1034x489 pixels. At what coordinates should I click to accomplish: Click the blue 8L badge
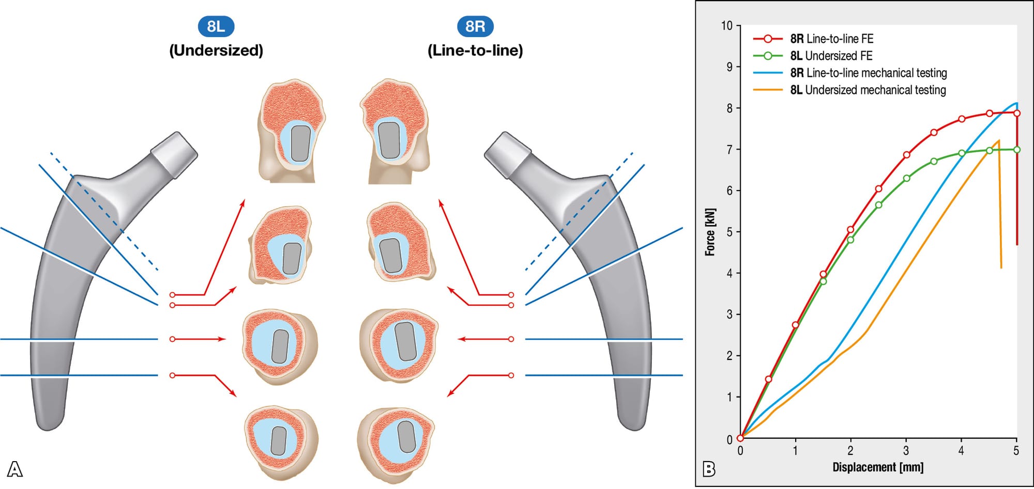tap(216, 26)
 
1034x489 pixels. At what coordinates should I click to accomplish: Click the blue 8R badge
tap(475, 26)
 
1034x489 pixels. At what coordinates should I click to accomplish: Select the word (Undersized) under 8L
tap(216, 51)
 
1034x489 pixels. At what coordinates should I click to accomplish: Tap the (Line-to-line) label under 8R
tap(475, 51)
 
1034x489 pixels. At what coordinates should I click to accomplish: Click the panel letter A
tap(14, 469)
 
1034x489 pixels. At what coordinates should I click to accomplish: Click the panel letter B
tap(709, 469)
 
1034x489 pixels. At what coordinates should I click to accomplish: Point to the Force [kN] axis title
tap(710, 232)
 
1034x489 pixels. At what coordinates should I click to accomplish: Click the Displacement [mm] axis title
tap(878, 467)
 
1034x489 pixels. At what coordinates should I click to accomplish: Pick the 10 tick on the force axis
tap(727, 26)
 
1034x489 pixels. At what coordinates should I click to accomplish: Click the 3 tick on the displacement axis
tap(906, 451)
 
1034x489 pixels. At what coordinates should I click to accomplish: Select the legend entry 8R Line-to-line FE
tap(831, 39)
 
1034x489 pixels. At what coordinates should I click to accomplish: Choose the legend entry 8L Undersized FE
tap(831, 56)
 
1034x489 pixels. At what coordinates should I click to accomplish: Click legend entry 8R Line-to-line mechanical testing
tap(868, 73)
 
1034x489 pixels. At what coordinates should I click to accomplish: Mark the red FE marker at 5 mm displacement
tap(1017, 113)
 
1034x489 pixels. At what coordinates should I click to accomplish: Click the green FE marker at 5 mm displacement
tap(1017, 150)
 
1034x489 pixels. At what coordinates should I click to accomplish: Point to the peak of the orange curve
tap(998, 140)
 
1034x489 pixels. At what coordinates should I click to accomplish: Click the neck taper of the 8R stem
tap(508, 154)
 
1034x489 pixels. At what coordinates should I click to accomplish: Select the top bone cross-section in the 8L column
tap(292, 131)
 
